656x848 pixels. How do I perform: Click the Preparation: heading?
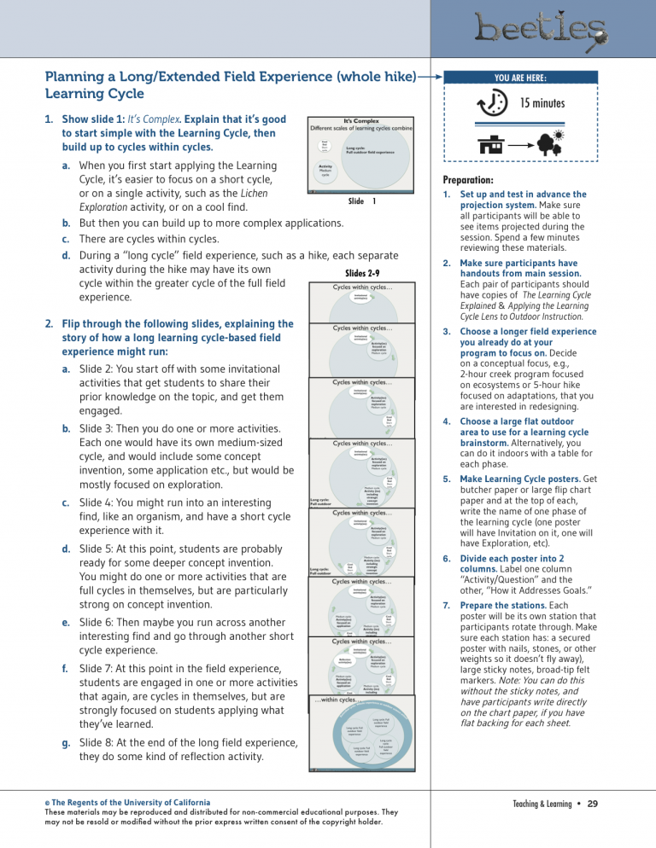pyautogui.click(x=468, y=181)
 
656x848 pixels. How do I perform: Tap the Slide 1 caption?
pyautogui.click(x=362, y=201)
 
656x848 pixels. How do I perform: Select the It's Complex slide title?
pyautogui.click(x=360, y=122)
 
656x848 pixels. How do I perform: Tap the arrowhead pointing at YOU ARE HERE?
pyautogui.click(x=435, y=78)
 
